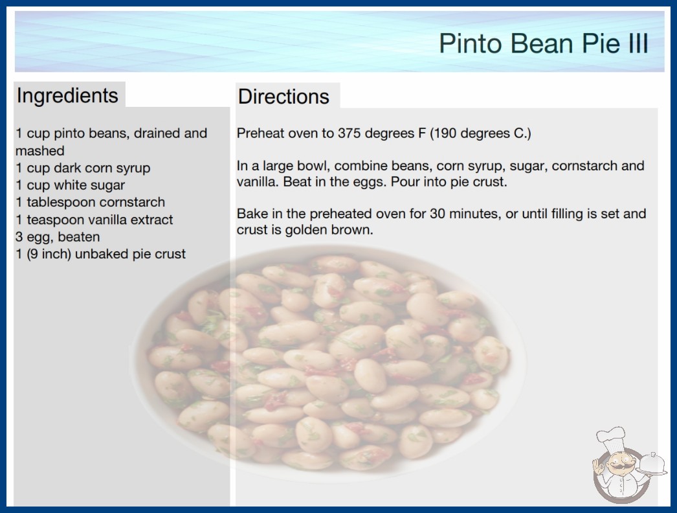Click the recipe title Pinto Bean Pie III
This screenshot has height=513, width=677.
point(544,43)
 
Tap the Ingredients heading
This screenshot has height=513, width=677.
point(67,95)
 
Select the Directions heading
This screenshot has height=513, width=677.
point(283,97)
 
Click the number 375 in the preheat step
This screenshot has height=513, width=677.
point(350,133)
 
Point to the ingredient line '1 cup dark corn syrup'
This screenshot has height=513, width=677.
point(83,168)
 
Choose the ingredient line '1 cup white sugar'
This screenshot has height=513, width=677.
point(71,185)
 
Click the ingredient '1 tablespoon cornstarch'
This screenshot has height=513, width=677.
point(90,202)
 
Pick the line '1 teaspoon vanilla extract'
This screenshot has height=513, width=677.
point(94,220)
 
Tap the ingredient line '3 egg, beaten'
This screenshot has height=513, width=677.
point(58,237)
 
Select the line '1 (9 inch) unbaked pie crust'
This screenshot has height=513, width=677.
point(100,254)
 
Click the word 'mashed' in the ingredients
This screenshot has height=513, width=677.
point(39,151)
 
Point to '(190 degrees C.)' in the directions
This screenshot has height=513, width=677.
point(480,133)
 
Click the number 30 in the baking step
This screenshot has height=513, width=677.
point(438,214)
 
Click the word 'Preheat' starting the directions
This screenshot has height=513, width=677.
point(261,133)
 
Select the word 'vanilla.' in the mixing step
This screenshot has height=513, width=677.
point(258,182)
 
